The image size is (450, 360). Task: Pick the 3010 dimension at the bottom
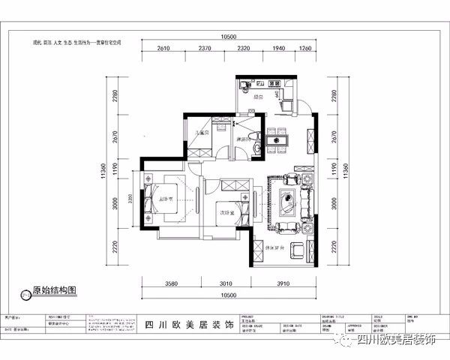click(x=228, y=285)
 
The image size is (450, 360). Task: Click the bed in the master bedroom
click(x=166, y=199)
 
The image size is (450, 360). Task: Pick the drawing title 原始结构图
click(x=54, y=289)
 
